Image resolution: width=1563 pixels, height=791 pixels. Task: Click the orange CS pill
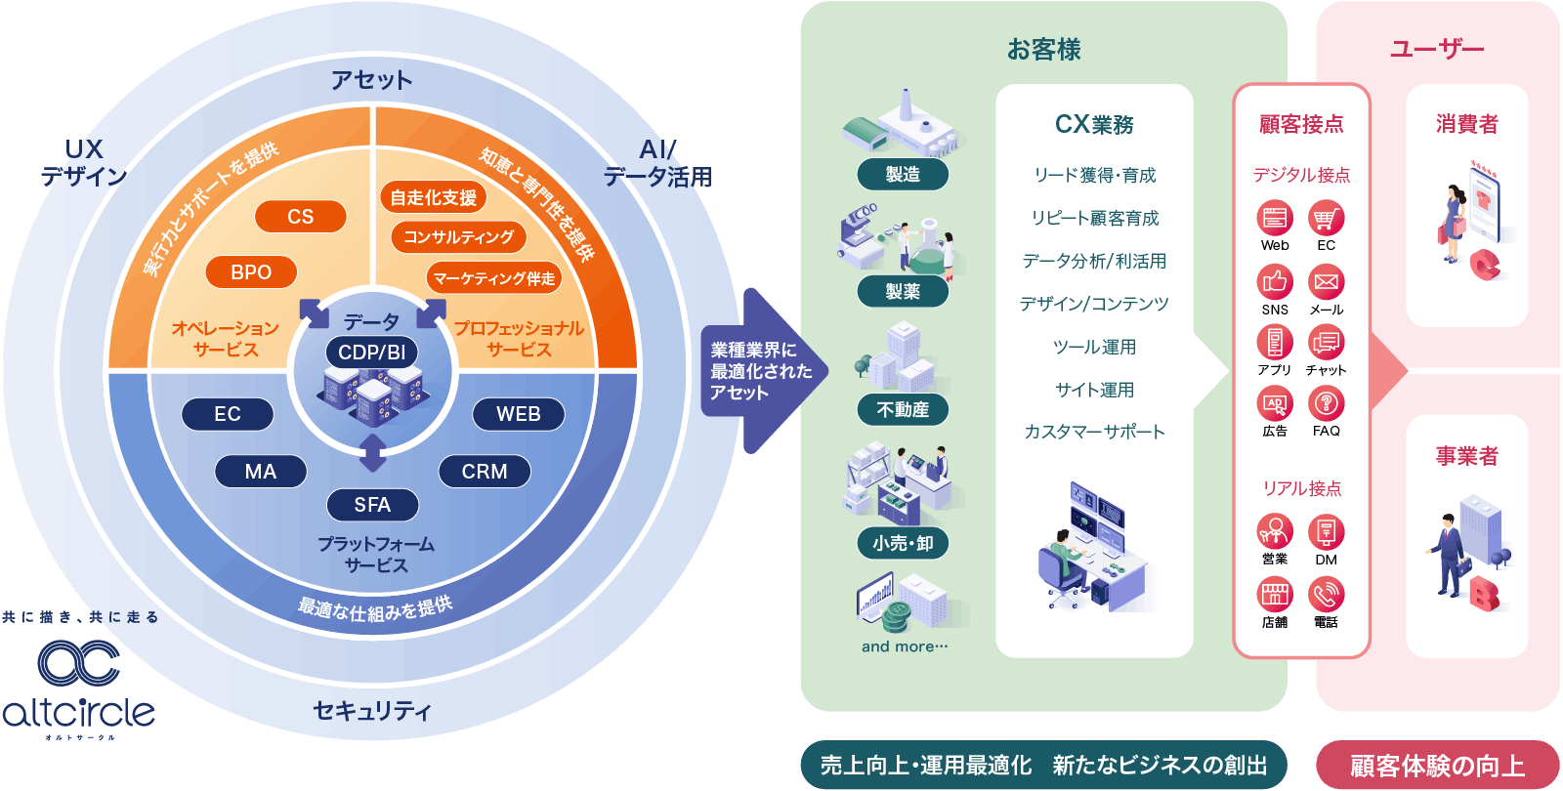coord(300,217)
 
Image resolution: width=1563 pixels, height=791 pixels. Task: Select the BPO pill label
coord(251,272)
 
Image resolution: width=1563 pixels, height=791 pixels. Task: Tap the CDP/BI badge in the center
coord(371,353)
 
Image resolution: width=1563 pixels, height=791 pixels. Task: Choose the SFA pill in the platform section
coord(372,505)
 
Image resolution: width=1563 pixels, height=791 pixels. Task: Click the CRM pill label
coord(485,472)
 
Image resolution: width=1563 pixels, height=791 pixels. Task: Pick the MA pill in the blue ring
coord(261,472)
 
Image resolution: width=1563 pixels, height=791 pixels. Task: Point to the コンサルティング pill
coord(458,237)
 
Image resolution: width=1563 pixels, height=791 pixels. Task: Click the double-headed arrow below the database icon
coord(372,453)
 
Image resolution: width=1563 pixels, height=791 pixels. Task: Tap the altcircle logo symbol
coord(78,664)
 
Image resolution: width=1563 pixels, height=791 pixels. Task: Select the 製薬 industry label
coord(903,291)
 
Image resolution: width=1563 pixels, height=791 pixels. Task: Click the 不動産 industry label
coord(903,410)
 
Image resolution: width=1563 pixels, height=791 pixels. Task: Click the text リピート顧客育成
coord(1094,219)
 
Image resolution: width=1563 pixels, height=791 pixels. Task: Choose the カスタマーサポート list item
coord(1094,432)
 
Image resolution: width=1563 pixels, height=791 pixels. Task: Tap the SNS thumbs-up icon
coord(1275,282)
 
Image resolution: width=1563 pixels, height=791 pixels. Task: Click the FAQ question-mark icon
coord(1326,403)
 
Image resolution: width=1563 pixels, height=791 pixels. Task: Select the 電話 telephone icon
coord(1326,594)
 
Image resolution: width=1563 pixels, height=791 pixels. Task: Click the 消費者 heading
coord(1466,124)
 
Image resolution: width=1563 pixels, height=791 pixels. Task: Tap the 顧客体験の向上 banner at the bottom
coord(1437,766)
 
